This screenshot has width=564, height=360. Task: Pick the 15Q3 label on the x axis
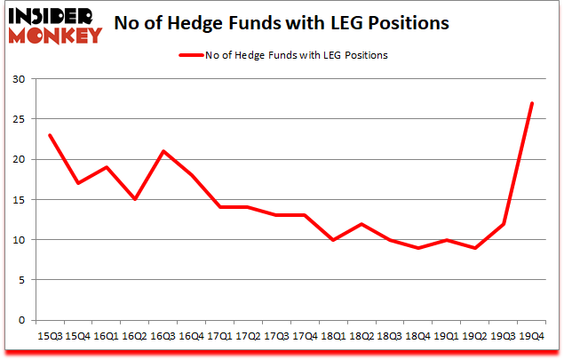(50, 336)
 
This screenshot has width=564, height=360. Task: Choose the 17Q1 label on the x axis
(219, 336)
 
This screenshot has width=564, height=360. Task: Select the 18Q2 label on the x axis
(361, 336)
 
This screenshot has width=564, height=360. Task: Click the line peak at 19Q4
(530, 103)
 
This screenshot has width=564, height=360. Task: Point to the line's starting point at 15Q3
(50, 135)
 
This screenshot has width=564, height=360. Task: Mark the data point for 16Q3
(163, 151)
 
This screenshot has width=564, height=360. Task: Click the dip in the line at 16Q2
(134, 199)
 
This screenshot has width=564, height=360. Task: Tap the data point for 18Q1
(332, 240)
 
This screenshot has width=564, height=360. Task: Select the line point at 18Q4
(417, 248)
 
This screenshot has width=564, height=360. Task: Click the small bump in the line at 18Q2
(361, 223)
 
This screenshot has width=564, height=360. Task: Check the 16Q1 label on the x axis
(107, 336)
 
